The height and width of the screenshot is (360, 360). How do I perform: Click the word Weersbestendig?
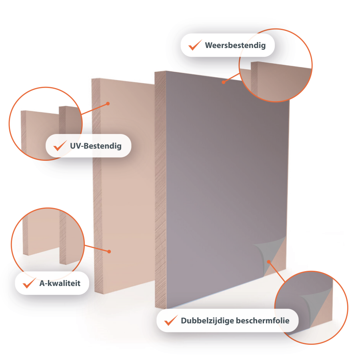[235, 46]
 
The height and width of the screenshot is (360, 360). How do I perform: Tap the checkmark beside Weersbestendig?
[195, 46]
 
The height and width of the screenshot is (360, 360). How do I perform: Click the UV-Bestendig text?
[96, 146]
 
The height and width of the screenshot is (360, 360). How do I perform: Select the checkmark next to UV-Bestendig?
[60, 146]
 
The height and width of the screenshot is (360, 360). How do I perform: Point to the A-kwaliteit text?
[60, 283]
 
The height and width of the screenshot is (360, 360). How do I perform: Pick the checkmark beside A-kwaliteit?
[29, 283]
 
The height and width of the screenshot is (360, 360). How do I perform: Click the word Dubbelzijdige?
[207, 321]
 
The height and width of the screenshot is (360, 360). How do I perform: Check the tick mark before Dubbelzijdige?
[171, 320]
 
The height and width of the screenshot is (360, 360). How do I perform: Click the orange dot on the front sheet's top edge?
[223, 82]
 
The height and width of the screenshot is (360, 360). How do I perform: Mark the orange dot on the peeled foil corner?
[269, 262]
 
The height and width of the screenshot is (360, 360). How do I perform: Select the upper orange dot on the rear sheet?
[108, 104]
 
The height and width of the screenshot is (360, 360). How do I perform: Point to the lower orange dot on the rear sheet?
[109, 252]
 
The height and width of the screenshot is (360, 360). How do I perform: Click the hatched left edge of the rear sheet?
[96, 186]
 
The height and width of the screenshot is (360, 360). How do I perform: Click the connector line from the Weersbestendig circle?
[232, 78]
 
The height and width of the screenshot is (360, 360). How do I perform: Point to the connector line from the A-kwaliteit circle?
[97, 248]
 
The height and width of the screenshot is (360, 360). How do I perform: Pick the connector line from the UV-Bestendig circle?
[94, 109]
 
